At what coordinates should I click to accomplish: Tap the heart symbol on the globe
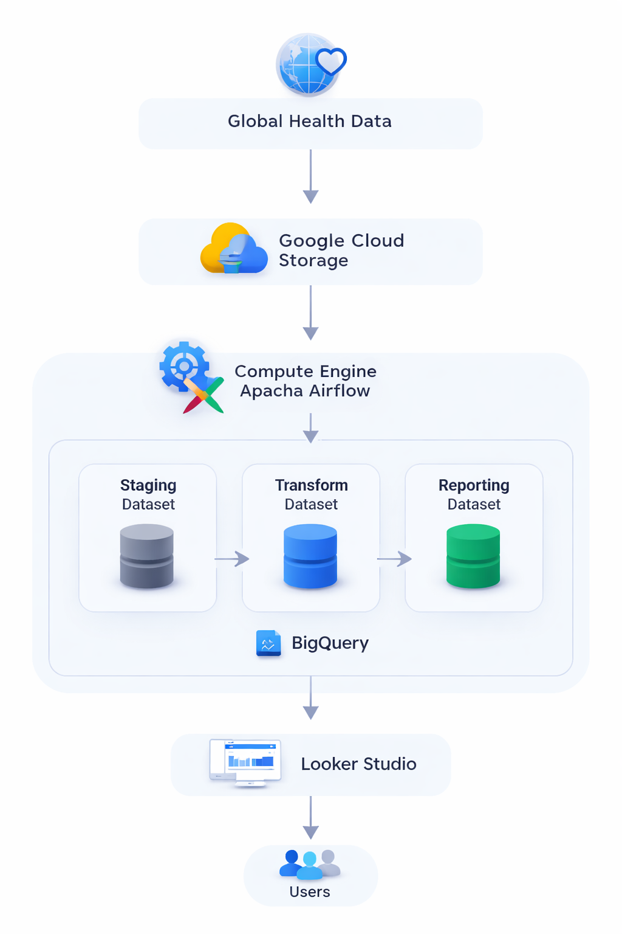point(331,61)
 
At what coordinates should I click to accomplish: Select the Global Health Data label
point(310,122)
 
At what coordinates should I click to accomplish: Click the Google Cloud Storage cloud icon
point(234,248)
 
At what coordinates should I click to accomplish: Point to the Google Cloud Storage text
point(341,250)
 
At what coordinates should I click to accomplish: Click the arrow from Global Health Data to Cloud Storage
point(311,176)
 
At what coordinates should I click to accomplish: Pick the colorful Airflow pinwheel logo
point(203,395)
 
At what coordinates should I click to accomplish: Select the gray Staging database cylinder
point(146,556)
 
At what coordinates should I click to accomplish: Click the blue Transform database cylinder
point(310,556)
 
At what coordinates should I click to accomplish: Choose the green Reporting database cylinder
point(473,556)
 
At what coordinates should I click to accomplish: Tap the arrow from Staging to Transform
point(232,559)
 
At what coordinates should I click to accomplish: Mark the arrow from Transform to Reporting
point(395,559)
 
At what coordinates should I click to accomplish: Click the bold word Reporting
point(474,485)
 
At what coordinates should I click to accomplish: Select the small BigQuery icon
point(268,643)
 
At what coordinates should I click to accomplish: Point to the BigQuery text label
point(330,643)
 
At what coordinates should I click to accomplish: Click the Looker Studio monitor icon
point(245,763)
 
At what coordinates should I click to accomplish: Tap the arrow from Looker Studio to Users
point(311,818)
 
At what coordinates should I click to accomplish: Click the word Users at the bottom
point(310,891)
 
